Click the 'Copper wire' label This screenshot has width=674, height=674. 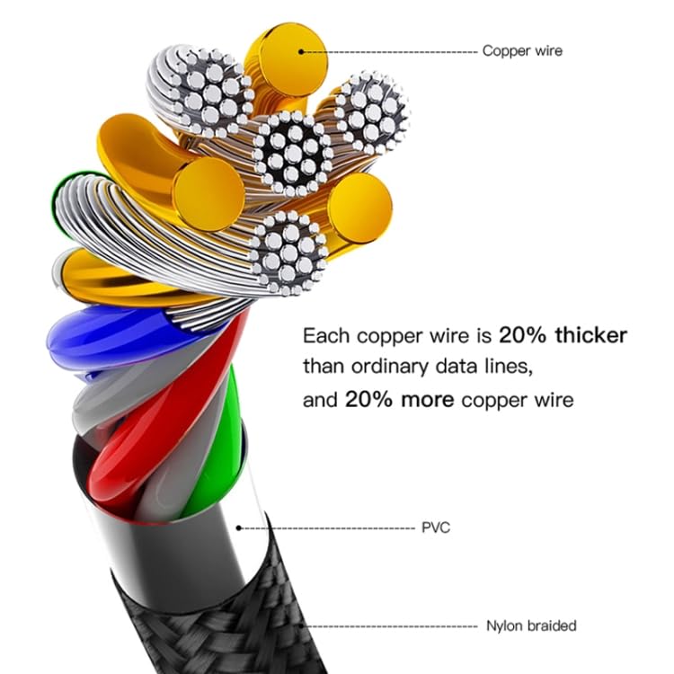click(522, 51)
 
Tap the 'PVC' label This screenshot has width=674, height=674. click(435, 528)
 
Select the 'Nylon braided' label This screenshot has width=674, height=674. click(530, 625)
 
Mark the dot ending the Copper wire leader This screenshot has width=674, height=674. click(302, 51)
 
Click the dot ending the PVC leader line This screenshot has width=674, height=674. click(239, 528)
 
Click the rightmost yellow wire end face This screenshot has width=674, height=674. click(359, 208)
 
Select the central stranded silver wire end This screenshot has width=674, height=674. click(292, 153)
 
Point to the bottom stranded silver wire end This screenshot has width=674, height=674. click(288, 252)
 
